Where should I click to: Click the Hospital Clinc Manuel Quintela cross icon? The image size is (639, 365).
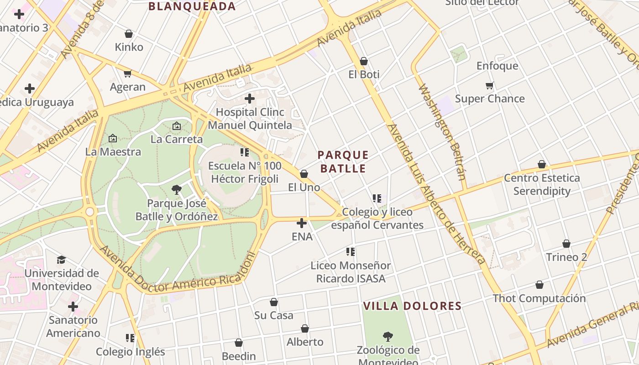pos(250,99)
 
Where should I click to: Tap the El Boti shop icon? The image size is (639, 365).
pos(364,61)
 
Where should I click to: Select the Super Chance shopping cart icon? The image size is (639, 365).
pos(490,85)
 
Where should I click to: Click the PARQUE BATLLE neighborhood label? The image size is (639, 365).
pos(343,162)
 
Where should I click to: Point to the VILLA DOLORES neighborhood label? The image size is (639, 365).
pos(413,306)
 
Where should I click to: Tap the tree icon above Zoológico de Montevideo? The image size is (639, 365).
pos(388,337)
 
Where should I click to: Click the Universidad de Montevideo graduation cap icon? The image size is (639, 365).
pos(61,260)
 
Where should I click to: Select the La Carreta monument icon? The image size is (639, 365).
pos(177,126)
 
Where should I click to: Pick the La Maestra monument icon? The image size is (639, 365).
pos(113,138)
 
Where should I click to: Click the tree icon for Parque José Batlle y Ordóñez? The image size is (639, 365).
pos(177,189)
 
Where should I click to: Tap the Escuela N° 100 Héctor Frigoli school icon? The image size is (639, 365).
pos(245,152)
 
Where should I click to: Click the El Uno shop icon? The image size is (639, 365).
pos(304,174)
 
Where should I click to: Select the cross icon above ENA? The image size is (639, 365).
pos(302,223)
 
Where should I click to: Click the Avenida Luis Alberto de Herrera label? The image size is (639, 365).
pos(435,194)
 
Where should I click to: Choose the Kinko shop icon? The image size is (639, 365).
pos(129,34)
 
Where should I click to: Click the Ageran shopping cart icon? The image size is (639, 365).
pos(128,73)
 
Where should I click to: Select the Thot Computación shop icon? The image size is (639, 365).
pos(539,285)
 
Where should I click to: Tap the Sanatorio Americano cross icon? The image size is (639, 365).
pos(73,307)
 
